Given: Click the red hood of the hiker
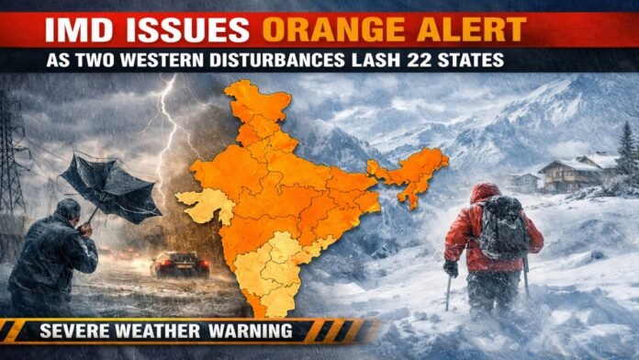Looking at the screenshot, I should click(486, 194).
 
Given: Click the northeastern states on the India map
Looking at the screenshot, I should click(409, 173).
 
